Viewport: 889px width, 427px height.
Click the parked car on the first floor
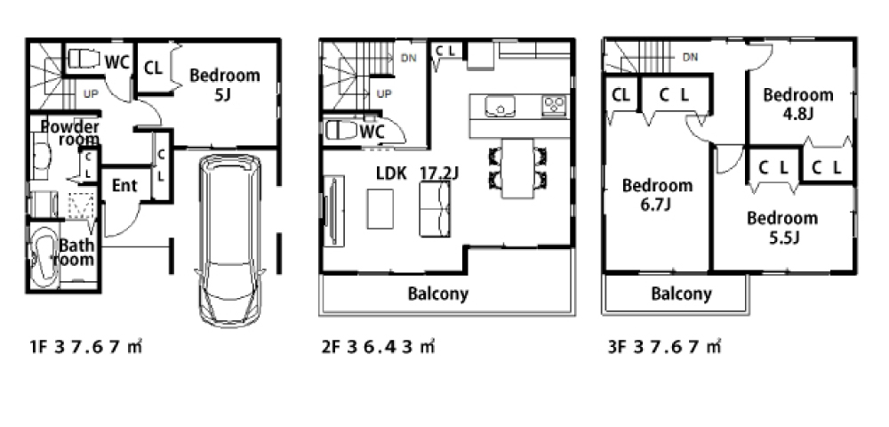(230, 240)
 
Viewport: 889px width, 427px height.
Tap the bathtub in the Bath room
(43, 258)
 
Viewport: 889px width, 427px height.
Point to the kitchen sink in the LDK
(500, 106)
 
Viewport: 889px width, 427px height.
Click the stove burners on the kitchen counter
(554, 106)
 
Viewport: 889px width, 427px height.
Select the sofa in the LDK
(435, 210)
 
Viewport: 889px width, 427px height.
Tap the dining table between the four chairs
(517, 168)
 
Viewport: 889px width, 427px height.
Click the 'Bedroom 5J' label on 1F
(225, 84)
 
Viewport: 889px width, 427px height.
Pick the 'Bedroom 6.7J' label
(657, 194)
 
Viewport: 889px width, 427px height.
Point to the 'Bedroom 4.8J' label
(798, 103)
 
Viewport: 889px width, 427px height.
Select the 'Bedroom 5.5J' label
(781, 226)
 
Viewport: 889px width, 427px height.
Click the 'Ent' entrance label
(124, 185)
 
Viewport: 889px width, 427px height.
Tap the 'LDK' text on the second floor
(392, 173)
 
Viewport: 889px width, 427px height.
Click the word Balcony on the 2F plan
(438, 294)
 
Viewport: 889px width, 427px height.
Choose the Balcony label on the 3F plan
(681, 294)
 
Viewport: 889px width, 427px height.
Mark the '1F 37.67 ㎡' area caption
(85, 346)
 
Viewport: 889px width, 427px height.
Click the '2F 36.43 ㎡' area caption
(378, 346)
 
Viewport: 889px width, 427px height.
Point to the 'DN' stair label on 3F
(690, 57)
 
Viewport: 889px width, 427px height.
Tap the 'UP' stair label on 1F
(91, 93)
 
